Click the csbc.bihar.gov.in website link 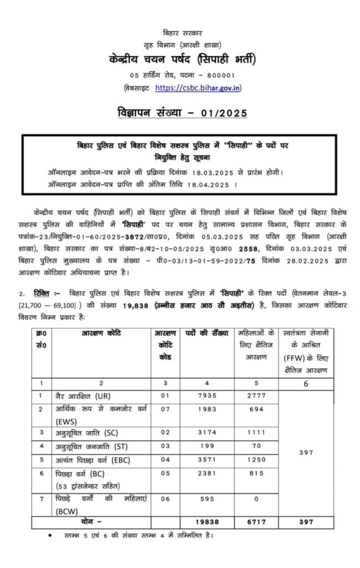pyautogui.click(x=198, y=88)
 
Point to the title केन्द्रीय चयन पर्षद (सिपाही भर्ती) pyautogui.click(x=180, y=59)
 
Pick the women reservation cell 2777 pyautogui.click(x=256, y=396)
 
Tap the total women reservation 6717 pyautogui.click(x=256, y=522)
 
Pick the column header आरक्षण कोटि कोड pyautogui.click(x=165, y=344)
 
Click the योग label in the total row pyautogui.click(x=91, y=522)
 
